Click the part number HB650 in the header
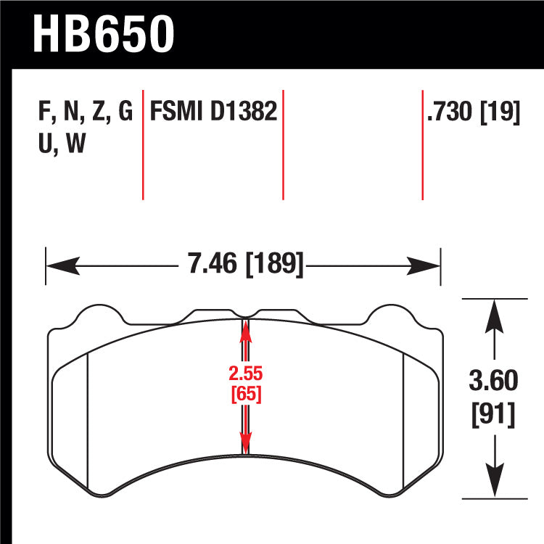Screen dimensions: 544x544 pyautogui.click(x=104, y=35)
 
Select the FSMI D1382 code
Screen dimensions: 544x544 pyautogui.click(x=213, y=111)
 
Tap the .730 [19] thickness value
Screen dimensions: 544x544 pyautogui.click(x=474, y=112)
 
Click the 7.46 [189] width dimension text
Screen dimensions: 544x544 pyautogui.click(x=245, y=264)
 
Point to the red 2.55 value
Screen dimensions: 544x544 pyautogui.click(x=246, y=374)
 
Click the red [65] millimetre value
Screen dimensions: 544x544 pyautogui.click(x=246, y=394)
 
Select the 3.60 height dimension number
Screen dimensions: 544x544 pyautogui.click(x=493, y=380)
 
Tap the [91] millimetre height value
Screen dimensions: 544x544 pyautogui.click(x=493, y=414)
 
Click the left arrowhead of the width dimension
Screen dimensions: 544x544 pyautogui.click(x=63, y=266)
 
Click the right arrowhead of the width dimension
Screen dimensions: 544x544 pyautogui.click(x=424, y=266)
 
